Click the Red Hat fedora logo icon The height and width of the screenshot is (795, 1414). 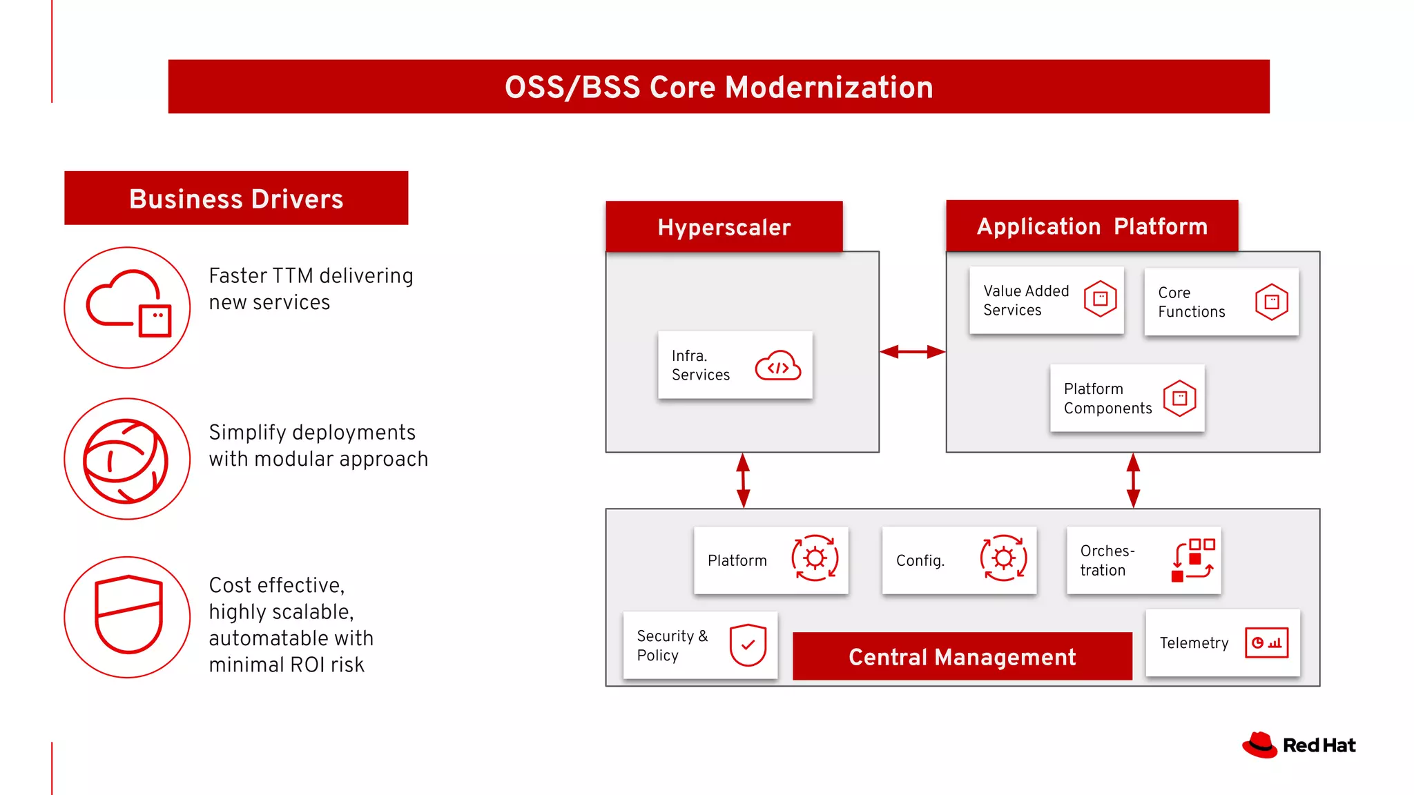[x=1260, y=745]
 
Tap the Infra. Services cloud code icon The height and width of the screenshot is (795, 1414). [x=778, y=366]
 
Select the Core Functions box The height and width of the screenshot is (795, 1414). [x=1221, y=302]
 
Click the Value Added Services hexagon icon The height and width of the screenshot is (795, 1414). [x=1100, y=299]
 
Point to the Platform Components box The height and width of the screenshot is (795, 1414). [x=1127, y=398]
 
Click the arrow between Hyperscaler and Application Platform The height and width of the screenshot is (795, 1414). [x=912, y=352]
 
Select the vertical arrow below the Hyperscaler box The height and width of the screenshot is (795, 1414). [x=743, y=480]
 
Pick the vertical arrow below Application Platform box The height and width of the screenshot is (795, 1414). [x=1133, y=480]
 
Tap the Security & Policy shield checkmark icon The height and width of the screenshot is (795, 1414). [x=748, y=645]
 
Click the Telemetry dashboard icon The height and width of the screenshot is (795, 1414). [x=1266, y=642]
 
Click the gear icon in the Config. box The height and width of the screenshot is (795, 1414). [x=1003, y=558]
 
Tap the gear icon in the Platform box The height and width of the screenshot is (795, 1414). [x=815, y=558]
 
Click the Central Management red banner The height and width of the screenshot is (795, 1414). [x=962, y=656]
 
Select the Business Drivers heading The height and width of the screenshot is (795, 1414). [x=236, y=199]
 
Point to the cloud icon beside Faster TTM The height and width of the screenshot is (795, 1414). [x=127, y=308]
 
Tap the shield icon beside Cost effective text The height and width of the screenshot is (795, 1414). [x=127, y=616]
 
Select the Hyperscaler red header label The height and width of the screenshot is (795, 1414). [x=724, y=227]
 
